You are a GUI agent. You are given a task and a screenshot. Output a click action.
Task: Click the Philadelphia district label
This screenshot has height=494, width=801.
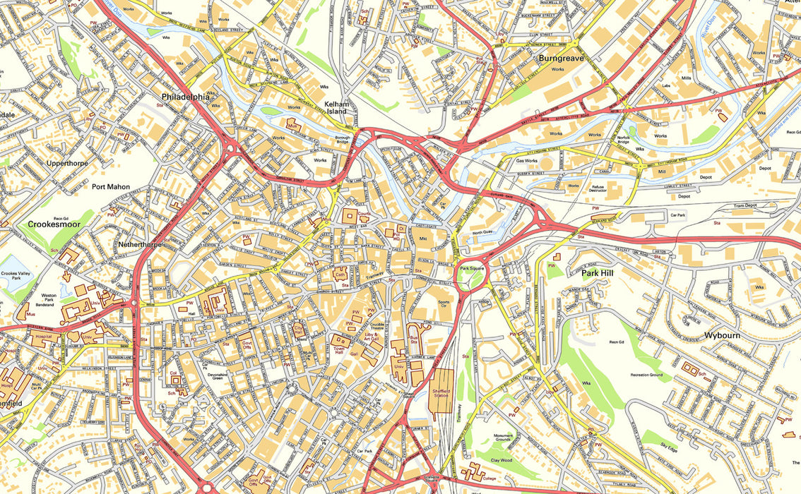[x=186, y=97]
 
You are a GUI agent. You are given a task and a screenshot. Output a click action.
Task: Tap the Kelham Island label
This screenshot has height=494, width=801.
[x=337, y=107]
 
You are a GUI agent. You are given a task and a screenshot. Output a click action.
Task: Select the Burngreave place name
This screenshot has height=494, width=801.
[x=562, y=59]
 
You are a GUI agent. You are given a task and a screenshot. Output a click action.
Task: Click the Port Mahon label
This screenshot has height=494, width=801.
[x=111, y=187]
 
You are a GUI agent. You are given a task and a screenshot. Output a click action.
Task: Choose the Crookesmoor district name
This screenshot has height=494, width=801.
[x=53, y=224]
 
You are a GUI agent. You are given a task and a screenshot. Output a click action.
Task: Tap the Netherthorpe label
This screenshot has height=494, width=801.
[x=140, y=244]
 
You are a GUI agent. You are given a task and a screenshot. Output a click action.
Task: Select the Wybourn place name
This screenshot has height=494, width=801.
[x=722, y=335]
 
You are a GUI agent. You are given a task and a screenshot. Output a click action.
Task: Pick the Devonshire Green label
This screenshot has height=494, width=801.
[x=208, y=375]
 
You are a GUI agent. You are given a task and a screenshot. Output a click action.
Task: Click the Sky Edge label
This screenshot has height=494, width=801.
[x=669, y=446]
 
